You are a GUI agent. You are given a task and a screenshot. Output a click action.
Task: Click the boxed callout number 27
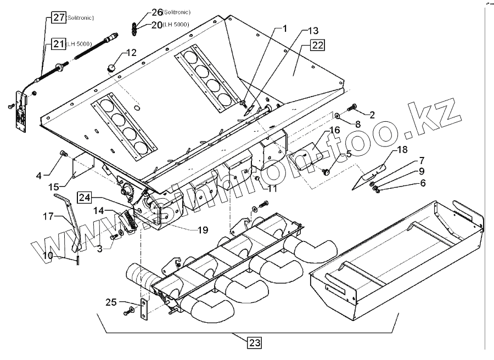coord(59,18)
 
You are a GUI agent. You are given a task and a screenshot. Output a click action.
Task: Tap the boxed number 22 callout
coord(317,46)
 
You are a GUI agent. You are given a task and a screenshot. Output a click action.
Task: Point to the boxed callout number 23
coord(254,343)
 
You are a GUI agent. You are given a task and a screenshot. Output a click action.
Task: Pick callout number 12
coord(131,53)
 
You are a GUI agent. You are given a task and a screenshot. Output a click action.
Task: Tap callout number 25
coord(111,302)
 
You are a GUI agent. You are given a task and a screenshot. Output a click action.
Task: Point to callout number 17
coord(48,216)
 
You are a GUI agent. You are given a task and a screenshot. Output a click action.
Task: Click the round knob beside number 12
coord(111,67)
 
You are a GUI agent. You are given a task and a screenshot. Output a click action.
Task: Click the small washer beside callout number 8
coord(339,115)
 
